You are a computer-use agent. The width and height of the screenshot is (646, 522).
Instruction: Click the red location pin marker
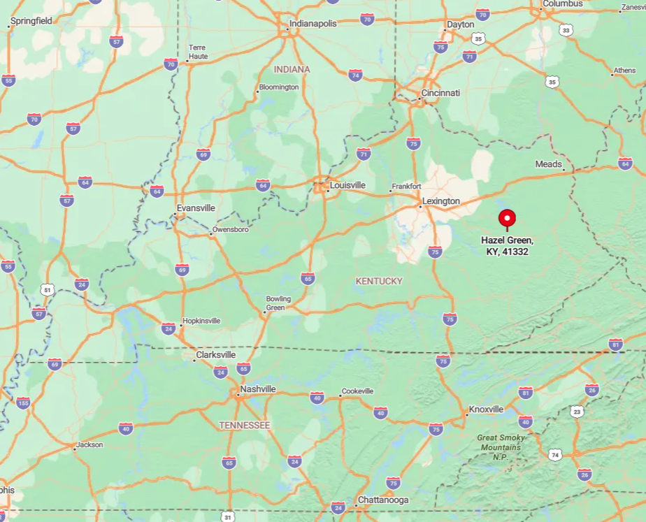click(x=507, y=219)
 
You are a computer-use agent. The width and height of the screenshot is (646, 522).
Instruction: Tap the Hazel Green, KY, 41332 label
click(x=507, y=245)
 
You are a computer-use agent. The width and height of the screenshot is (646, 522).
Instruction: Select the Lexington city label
click(x=442, y=201)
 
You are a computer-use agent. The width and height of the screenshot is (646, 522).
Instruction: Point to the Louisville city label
click(x=347, y=185)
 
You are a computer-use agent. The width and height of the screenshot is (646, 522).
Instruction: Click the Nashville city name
click(x=258, y=389)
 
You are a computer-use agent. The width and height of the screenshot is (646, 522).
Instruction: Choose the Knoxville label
click(x=486, y=409)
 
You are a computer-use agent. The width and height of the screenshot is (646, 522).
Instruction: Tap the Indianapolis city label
click(x=313, y=24)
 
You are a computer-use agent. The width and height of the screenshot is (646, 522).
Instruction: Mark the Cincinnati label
click(x=440, y=93)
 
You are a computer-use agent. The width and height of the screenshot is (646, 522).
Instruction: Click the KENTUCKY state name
click(x=379, y=281)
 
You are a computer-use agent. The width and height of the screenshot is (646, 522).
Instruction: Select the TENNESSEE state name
click(x=244, y=425)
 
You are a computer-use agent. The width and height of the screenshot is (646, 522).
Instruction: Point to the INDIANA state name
click(x=292, y=70)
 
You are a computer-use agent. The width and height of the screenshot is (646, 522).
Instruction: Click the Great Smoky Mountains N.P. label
click(x=501, y=447)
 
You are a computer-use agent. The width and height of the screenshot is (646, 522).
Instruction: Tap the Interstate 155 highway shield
click(x=24, y=403)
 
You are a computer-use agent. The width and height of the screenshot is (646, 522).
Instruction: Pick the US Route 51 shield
click(x=47, y=289)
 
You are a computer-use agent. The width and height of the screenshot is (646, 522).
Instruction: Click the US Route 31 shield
click(x=227, y=516)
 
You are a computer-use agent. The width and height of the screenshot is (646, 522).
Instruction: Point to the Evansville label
click(x=196, y=208)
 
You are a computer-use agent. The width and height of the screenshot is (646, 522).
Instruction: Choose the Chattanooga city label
click(x=382, y=500)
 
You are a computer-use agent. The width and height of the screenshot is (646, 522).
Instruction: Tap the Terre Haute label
click(x=198, y=52)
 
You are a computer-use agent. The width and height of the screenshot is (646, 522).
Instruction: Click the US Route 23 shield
click(x=576, y=411)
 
